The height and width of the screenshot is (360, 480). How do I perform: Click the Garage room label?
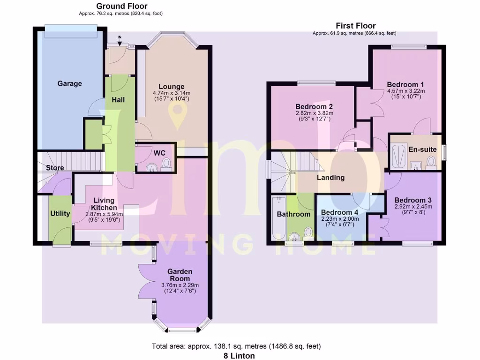[x=69, y=83]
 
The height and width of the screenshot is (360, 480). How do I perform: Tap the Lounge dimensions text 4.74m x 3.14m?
[x=171, y=93]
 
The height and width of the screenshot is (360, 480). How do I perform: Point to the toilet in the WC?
[x=165, y=163]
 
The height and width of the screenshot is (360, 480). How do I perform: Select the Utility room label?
[x=60, y=214]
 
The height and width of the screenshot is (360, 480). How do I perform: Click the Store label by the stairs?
[x=55, y=168]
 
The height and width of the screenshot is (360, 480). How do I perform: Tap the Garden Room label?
[x=180, y=275]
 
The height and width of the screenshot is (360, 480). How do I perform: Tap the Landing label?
[x=330, y=178]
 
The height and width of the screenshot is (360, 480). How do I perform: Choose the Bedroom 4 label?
[x=340, y=212]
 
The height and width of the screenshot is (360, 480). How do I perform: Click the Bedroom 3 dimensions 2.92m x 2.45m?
[x=413, y=206]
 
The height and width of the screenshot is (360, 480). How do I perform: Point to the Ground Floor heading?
[x=121, y=6]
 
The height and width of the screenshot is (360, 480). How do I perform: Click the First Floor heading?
[x=355, y=26]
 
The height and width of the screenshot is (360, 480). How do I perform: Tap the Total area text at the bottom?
[x=236, y=346]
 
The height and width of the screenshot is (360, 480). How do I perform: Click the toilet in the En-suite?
[x=432, y=162]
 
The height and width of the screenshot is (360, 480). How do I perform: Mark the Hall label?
[x=118, y=100]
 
